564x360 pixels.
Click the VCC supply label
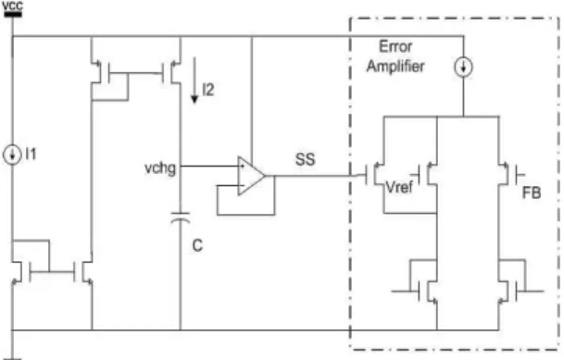point(12,6)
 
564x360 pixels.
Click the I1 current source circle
point(12,155)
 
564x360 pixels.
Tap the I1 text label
point(31,155)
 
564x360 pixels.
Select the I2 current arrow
point(194,81)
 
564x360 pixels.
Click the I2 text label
point(208,90)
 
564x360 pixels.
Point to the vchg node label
point(160,168)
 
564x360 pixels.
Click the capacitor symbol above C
point(181,217)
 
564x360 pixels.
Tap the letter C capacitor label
point(197,246)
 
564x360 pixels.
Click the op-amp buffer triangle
point(251,176)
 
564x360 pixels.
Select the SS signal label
point(305,159)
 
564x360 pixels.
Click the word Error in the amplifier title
point(395,46)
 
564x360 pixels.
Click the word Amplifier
point(395,67)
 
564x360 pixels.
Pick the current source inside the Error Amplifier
point(463,68)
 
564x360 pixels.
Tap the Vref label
point(399,187)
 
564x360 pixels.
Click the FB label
point(532,193)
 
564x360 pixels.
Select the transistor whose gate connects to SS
point(375,175)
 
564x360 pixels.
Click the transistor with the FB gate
point(508,175)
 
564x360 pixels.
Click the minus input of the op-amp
point(242,186)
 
